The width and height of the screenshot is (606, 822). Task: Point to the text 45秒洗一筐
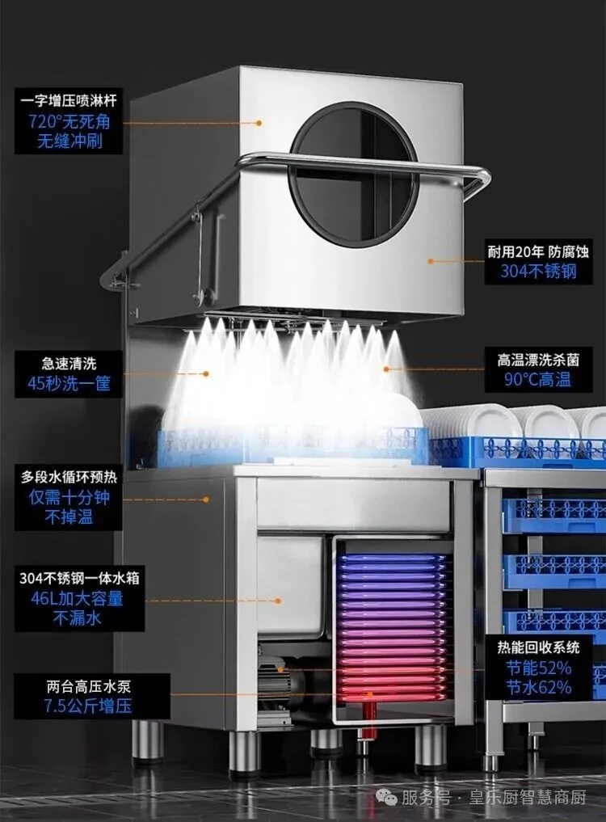[69, 383]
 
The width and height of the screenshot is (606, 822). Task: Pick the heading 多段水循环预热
[69, 476]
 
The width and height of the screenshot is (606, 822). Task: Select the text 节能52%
[539, 668]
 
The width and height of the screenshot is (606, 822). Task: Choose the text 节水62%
[539, 688]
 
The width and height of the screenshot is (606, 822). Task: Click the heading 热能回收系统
[539, 647]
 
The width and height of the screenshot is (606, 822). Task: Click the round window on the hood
[354, 174]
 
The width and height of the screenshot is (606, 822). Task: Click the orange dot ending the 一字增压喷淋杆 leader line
[259, 123]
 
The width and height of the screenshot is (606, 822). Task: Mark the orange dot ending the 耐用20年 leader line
[431, 261]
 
